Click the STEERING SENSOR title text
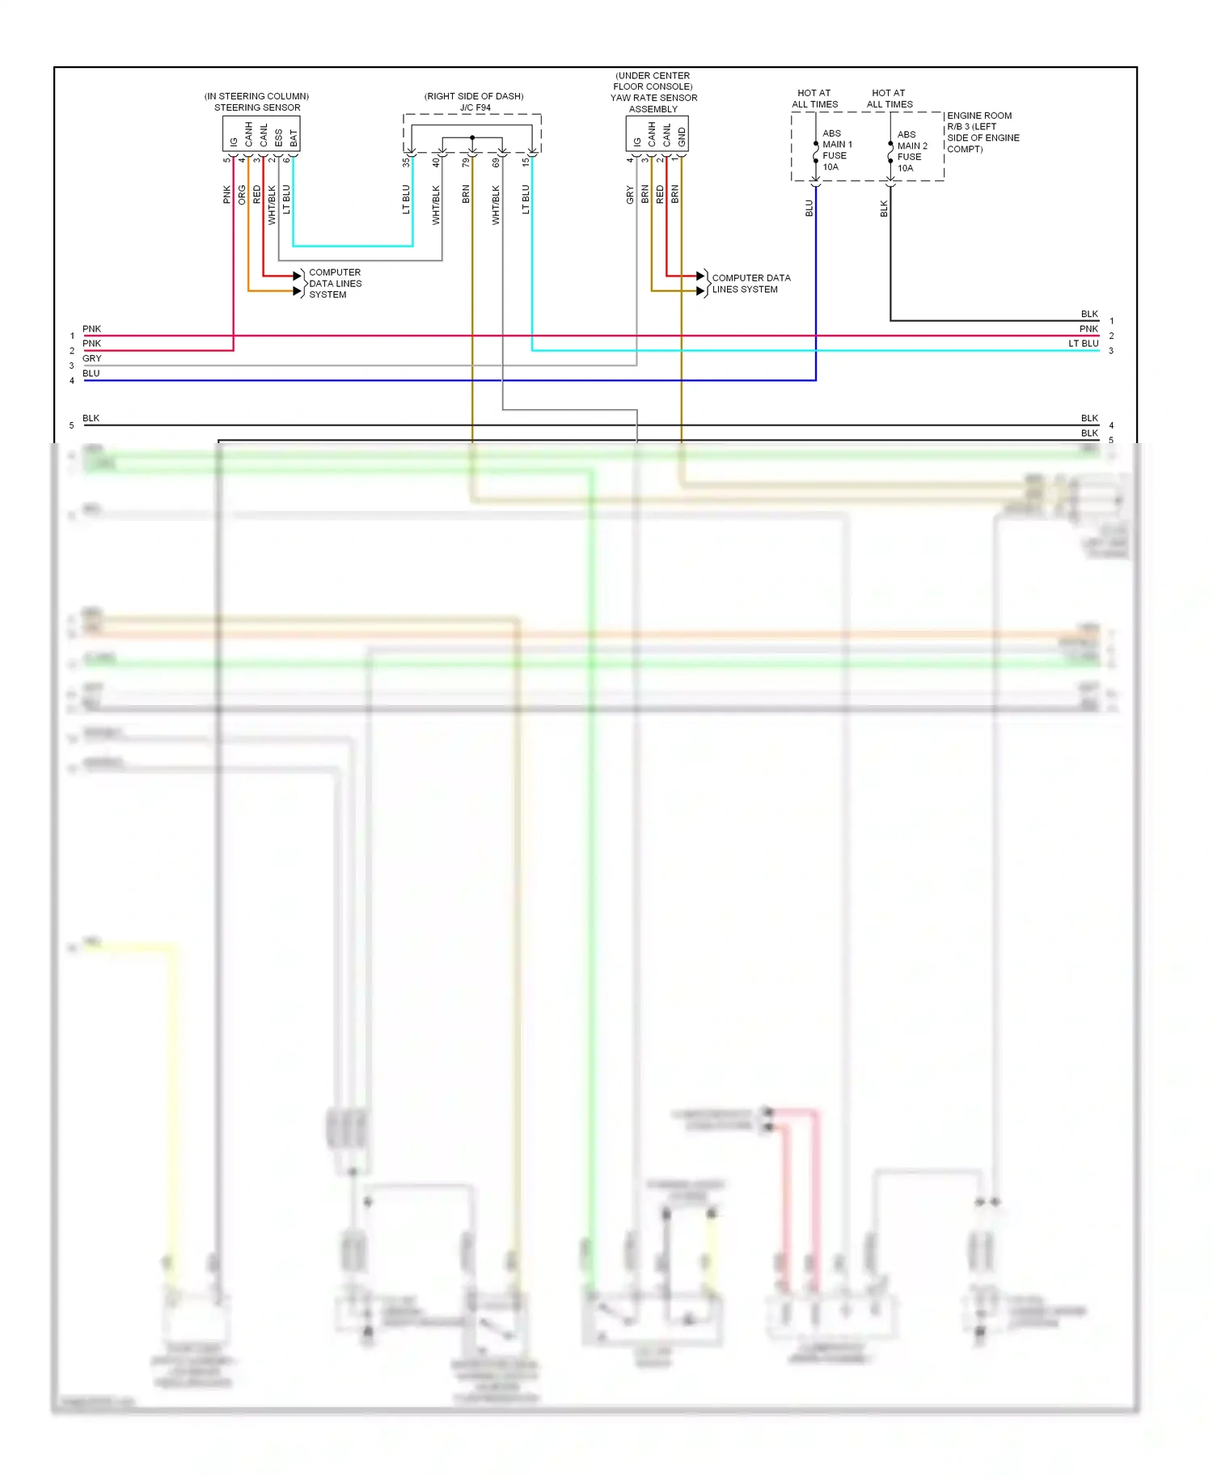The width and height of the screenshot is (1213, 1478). point(257,108)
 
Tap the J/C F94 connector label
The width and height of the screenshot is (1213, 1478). point(475,108)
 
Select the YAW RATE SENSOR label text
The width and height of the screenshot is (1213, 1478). point(653,98)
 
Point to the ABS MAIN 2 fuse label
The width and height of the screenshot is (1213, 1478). point(911,151)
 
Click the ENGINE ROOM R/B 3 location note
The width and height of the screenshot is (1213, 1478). point(983,133)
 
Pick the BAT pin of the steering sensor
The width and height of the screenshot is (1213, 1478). point(294,138)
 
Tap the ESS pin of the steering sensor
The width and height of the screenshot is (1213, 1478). point(279,138)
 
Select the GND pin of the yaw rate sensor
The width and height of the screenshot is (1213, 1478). point(682,137)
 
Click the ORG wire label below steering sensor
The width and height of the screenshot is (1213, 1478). point(242,195)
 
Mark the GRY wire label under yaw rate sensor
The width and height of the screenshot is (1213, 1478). point(630,195)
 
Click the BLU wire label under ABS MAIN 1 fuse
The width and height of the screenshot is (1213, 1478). point(809,209)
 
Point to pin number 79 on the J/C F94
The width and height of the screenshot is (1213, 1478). point(466,163)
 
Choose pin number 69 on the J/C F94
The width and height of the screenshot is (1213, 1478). point(496,163)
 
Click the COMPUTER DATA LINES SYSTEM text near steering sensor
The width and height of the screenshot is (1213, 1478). point(335,284)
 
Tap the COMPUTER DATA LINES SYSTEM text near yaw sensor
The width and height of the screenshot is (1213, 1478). point(750,284)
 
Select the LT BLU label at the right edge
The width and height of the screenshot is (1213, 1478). point(1083,344)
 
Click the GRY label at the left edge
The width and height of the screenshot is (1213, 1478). point(92,358)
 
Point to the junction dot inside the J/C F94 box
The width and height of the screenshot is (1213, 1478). point(472,138)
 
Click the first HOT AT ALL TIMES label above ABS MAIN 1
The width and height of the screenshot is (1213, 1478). point(814,99)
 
